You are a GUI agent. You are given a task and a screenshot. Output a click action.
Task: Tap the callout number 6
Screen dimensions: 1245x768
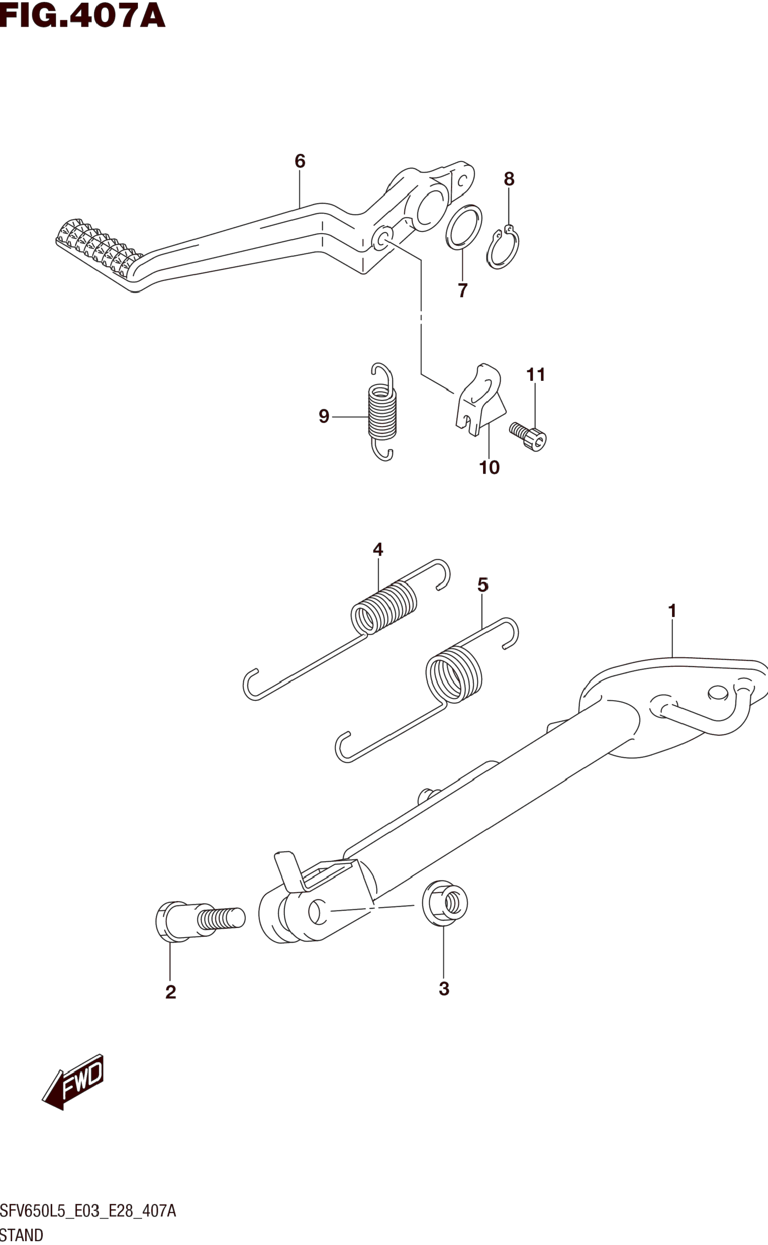point(300,161)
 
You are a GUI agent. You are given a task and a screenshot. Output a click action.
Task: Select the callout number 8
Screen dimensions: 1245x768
point(509,179)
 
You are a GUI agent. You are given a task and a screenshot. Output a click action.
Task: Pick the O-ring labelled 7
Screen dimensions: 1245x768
point(464,227)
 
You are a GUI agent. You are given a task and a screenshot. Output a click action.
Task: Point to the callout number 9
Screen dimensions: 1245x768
point(324,416)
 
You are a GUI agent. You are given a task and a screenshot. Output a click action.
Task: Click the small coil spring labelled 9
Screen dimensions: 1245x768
point(382,412)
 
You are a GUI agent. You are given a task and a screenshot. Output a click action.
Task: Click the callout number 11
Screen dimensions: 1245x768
point(535,375)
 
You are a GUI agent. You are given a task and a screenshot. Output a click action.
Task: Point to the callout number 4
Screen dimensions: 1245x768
point(378,549)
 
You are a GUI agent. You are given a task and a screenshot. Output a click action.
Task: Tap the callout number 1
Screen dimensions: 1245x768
point(672,611)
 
